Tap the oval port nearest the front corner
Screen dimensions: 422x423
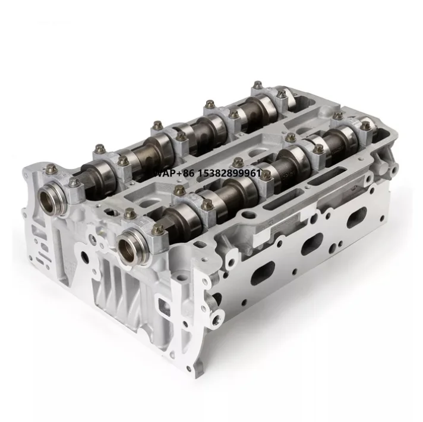point(260,274)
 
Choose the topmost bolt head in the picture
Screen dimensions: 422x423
point(257,85)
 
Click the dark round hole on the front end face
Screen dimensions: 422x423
point(87,257)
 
